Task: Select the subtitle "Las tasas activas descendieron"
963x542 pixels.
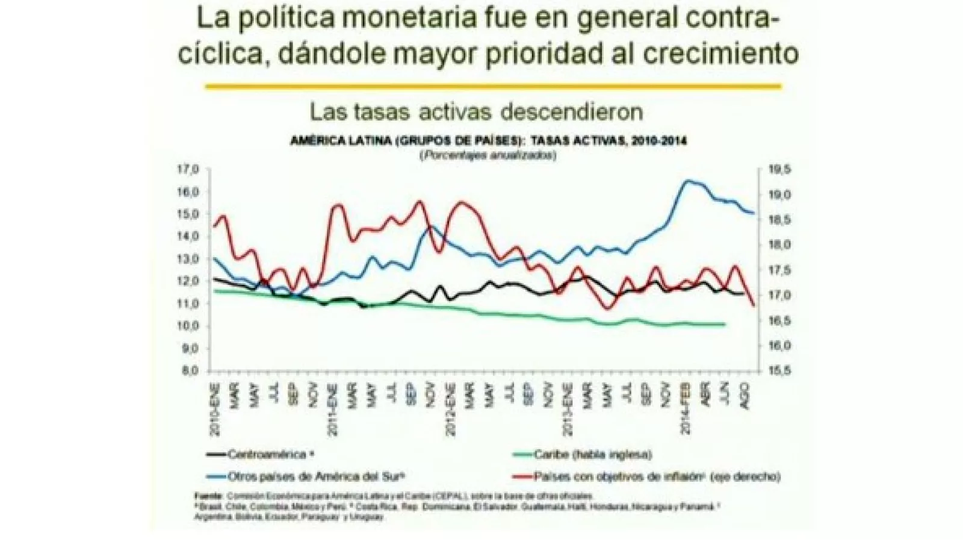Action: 476,111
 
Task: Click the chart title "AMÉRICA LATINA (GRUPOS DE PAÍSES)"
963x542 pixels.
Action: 405,141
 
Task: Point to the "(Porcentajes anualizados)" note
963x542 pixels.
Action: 488,155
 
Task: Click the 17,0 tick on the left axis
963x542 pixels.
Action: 187,169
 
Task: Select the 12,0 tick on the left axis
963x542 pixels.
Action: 187,281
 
